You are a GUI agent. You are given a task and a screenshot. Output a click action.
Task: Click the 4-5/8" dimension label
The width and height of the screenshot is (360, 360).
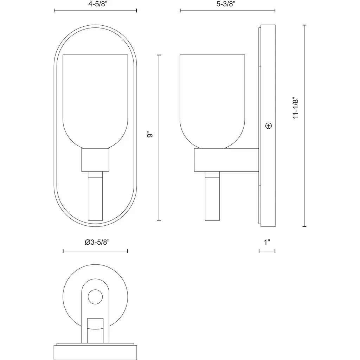[x=98, y=4]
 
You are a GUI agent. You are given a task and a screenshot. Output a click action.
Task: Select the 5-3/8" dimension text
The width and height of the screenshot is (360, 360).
[x=226, y=4]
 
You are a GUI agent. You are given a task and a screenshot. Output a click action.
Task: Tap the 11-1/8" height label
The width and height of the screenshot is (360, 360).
[x=295, y=108]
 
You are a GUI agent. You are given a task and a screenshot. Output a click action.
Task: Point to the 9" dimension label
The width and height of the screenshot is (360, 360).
[x=150, y=134]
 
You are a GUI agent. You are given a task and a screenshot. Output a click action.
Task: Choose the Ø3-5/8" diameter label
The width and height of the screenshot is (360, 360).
[x=97, y=242]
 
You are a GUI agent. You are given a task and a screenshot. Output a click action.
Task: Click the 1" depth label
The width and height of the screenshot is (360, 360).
[x=267, y=242]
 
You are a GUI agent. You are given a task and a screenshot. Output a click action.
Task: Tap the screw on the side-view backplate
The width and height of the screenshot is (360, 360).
[x=268, y=126]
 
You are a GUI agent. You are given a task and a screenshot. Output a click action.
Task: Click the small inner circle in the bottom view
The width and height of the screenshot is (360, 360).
[x=95, y=297]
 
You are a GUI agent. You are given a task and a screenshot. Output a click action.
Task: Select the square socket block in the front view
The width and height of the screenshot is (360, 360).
[x=95, y=160]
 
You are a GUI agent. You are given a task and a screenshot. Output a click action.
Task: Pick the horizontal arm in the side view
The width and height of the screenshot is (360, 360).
[x=226, y=160]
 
